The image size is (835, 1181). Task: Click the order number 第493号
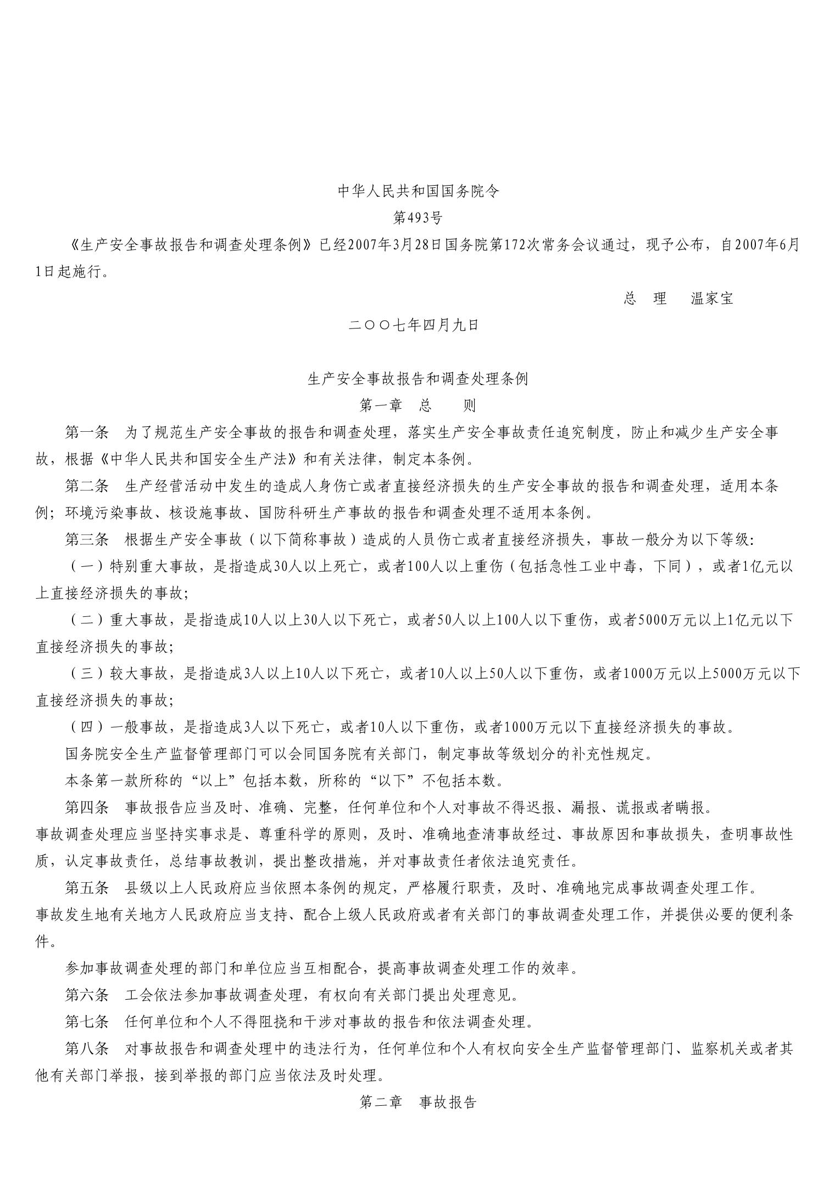[x=417, y=218]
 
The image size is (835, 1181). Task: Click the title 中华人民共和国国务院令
[x=417, y=191]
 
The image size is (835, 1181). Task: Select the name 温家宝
[x=712, y=299]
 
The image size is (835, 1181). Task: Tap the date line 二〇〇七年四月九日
[x=414, y=325]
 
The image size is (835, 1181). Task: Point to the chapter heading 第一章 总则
[x=417, y=405]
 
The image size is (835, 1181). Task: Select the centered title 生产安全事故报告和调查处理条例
[x=417, y=379]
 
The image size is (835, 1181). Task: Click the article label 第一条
[x=87, y=432]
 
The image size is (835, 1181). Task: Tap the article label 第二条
[x=87, y=486]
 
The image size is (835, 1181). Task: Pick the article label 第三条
[x=87, y=539]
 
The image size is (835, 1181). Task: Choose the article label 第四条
[x=87, y=807]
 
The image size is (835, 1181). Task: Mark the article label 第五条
[x=87, y=888]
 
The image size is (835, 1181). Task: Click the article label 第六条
[x=87, y=995]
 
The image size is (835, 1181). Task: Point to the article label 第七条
[x=87, y=1022]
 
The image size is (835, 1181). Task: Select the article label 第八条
[x=87, y=1049]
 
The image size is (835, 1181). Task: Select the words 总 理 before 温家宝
[x=645, y=299]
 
